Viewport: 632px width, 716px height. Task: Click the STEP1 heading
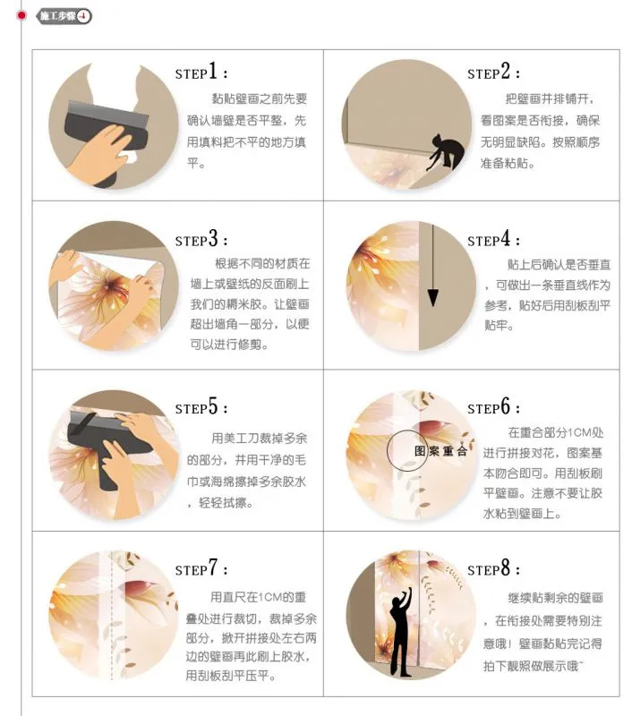click(201, 72)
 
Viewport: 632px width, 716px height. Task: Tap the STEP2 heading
click(493, 72)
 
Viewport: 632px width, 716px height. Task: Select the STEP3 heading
click(201, 239)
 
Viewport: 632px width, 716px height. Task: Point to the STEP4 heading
click(493, 239)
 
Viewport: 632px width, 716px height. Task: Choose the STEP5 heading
click(201, 406)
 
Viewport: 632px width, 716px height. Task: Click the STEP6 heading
click(493, 406)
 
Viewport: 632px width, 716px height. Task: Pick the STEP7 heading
click(201, 568)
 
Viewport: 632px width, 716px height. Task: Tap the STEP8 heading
click(493, 568)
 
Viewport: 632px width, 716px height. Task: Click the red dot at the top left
click(21, 16)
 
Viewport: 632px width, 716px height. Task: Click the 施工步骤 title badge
click(64, 16)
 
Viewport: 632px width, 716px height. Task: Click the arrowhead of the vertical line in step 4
click(433, 297)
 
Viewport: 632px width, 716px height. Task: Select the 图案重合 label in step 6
click(440, 451)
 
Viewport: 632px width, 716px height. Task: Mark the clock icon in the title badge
click(83, 16)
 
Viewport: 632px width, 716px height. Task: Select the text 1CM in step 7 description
click(272, 597)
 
